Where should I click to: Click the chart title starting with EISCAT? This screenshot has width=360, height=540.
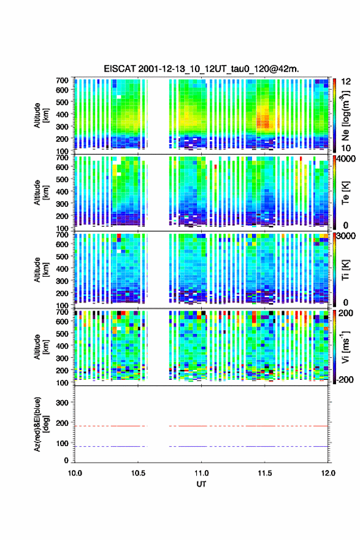pos(201,69)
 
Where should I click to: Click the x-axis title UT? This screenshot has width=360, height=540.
pos(201,484)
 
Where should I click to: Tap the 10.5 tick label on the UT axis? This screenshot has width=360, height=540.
pos(138,473)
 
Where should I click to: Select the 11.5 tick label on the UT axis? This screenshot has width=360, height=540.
pos(265,473)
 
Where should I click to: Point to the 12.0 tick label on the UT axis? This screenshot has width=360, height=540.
pos(328,473)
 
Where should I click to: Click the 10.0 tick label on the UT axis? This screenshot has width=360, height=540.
pos(75,473)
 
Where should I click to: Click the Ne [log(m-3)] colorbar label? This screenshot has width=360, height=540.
pos(346,116)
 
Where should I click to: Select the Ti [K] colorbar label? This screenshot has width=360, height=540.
pos(345,269)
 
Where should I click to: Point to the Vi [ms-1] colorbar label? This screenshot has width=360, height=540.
pos(345,347)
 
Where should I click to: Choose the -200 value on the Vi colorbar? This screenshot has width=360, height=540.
pos(343,379)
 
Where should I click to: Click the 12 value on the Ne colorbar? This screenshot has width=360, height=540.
pos(346,82)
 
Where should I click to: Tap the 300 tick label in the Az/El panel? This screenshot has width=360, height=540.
pos(63,403)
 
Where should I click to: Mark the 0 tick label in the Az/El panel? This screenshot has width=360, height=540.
pos(66,460)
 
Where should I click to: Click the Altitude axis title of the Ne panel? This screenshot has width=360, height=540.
pos(41,115)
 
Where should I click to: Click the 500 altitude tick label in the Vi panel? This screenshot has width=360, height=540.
pos(63,334)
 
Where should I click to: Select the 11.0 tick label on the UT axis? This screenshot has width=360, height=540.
pos(201,473)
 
